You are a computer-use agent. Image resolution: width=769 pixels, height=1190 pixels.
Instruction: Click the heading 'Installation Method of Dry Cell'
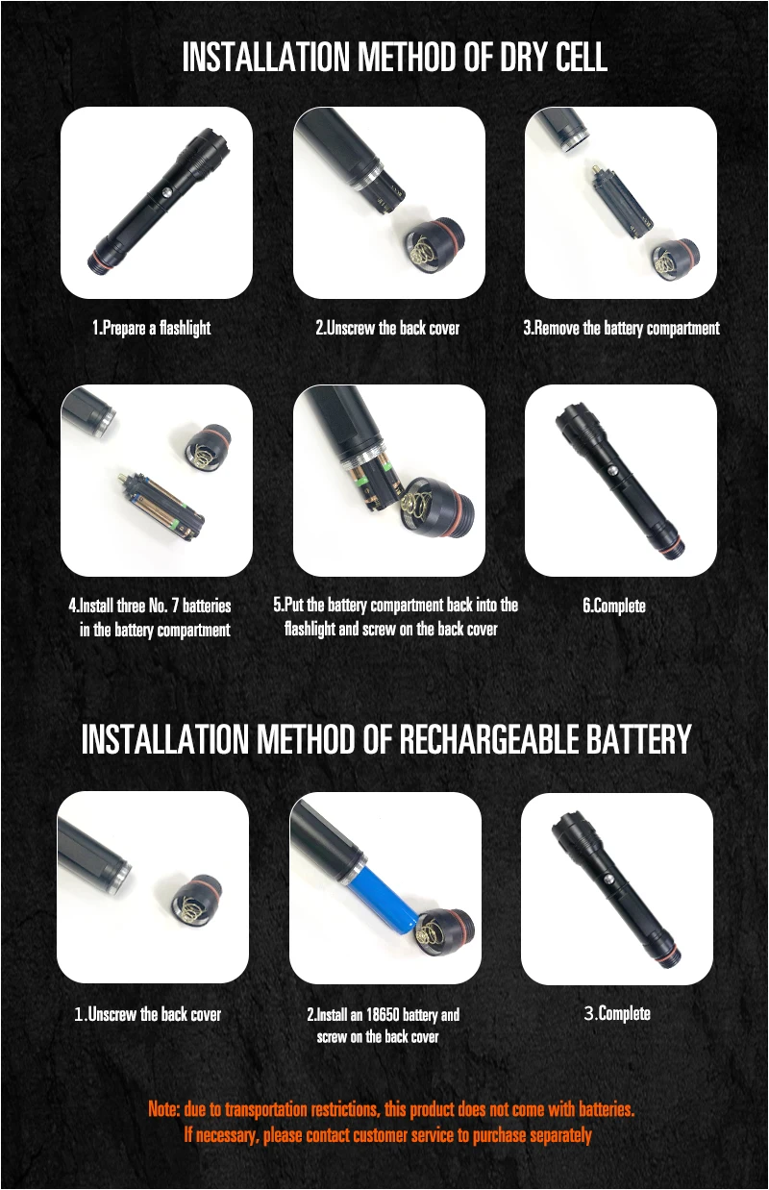coord(394,58)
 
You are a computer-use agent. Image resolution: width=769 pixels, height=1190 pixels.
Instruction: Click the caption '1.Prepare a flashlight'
coord(151,328)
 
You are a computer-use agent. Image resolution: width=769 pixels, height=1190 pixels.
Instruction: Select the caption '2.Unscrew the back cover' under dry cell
coord(387,328)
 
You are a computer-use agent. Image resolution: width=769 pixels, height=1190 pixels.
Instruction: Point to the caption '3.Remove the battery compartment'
coord(621,328)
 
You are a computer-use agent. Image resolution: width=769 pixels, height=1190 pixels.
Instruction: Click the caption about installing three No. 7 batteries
coord(150,618)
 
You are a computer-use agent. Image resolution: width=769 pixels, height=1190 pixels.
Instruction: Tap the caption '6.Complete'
coord(614,606)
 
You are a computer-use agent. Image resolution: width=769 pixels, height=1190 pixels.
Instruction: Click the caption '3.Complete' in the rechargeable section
coord(617,1013)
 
